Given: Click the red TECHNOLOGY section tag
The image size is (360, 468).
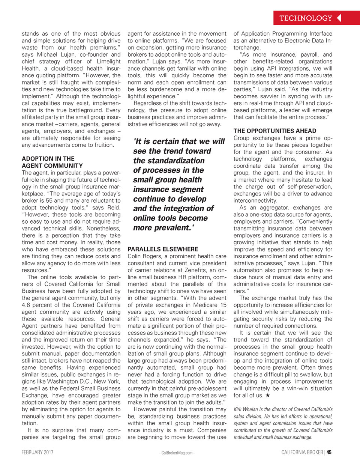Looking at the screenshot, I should click(306, 18).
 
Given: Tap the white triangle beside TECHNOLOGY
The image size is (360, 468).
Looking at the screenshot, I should click(339, 18).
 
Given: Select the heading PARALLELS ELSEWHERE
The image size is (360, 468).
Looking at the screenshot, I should click(163, 249).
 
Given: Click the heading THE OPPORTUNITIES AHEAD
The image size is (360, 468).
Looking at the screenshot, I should click(275, 131).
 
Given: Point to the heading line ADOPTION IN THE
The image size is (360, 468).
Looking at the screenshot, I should click(48, 159).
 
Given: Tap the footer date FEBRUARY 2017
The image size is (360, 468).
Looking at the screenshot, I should click(37, 452).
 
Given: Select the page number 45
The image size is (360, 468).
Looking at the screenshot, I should click(329, 452).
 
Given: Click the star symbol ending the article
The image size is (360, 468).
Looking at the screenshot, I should click(267, 395).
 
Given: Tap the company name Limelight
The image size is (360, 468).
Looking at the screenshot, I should click(109, 62).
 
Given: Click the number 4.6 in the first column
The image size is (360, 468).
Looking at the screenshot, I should click(27, 305).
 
